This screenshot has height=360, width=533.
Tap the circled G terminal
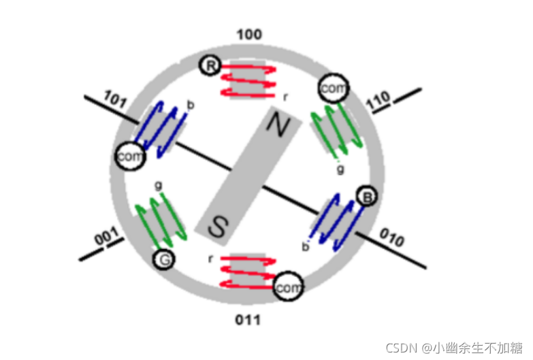point(163,259)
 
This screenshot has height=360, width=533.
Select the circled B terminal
point(367,198)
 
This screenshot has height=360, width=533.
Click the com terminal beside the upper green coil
point(333,88)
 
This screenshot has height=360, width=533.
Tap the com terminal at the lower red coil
point(287,288)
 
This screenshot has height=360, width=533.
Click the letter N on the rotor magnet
point(276,124)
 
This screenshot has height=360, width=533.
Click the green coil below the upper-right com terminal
point(334,129)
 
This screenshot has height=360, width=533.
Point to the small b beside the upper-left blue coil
point(190,105)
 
